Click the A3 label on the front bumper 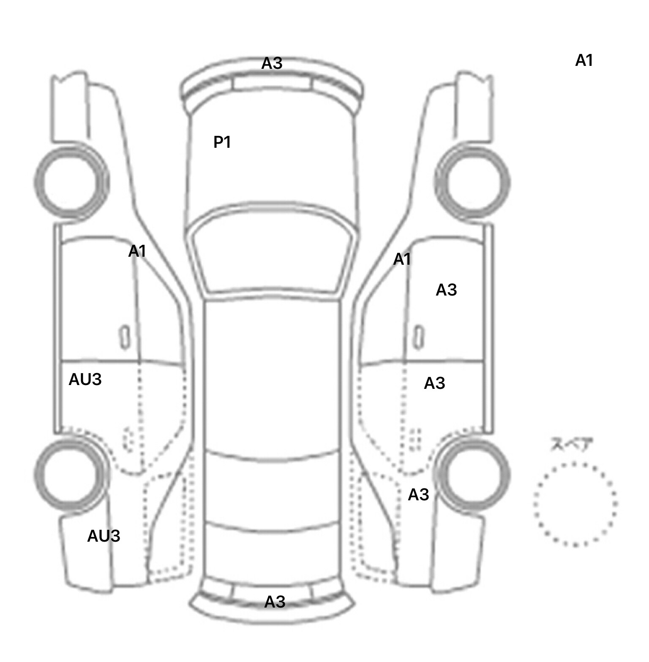click(272, 63)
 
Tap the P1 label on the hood click(222, 142)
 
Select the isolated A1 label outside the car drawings click(584, 61)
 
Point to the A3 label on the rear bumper click(275, 602)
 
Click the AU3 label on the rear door click(85, 380)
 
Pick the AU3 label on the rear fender click(104, 536)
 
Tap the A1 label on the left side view click(137, 251)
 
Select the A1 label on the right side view click(402, 259)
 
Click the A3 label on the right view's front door click(446, 290)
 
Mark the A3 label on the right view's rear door click(434, 383)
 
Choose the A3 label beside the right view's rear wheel click(418, 494)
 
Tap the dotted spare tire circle click(575, 464)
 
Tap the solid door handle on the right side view click(418, 337)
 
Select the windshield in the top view click(272, 252)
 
